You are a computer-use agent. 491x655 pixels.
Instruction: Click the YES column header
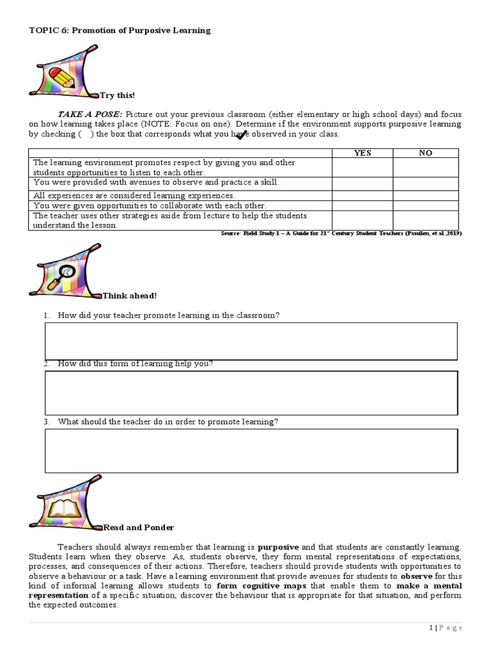pyautogui.click(x=362, y=153)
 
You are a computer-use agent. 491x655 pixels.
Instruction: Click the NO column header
pyautogui.click(x=425, y=153)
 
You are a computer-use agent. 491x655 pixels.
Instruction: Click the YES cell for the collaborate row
pyautogui.click(x=362, y=206)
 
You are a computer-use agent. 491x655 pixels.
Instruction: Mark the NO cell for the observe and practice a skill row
pyautogui.click(x=425, y=183)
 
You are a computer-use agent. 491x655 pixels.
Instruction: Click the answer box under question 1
pyautogui.click(x=251, y=341)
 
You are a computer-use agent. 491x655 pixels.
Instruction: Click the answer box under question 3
pyautogui.click(x=251, y=450)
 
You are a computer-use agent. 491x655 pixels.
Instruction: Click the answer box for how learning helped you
pyautogui.click(x=251, y=393)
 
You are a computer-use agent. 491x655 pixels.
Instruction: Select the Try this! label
pyautogui.click(x=117, y=95)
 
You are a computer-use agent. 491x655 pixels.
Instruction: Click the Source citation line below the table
pyautogui.click(x=341, y=233)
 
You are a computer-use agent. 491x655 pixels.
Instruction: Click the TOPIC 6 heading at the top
pyautogui.click(x=120, y=31)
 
